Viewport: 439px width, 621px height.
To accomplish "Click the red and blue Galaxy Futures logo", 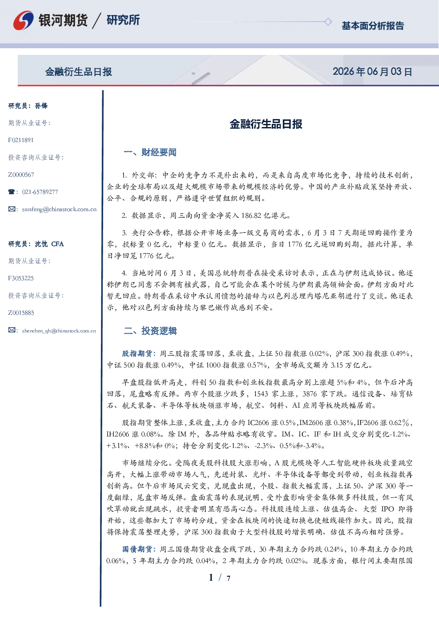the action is (23, 20).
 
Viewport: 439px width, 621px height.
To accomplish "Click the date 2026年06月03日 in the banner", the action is (372, 72).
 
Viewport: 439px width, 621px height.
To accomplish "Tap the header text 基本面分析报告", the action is (373, 26).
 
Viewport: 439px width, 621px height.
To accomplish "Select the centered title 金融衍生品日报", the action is (266, 124).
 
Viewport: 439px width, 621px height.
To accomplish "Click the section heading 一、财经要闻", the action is (150, 152).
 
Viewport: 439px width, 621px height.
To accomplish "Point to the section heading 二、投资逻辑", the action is (150, 331).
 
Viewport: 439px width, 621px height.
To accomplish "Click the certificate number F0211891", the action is (21, 140).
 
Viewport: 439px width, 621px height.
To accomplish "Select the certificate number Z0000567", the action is (21, 175).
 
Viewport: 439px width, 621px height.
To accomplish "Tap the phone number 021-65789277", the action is (40, 192).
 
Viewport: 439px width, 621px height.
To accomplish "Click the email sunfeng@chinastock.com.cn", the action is (59, 209).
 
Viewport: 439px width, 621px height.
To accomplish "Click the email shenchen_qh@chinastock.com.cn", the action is (59, 331).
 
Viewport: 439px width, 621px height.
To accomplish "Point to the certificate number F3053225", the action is (21, 278).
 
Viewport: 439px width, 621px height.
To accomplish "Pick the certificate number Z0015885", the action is (21, 313).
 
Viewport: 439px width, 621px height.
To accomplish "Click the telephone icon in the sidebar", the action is (12, 192).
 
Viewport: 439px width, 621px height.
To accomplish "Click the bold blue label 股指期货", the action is (137, 354).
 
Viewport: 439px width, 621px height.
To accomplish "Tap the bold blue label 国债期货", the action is (137, 549).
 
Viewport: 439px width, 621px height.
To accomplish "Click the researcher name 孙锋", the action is (41, 106).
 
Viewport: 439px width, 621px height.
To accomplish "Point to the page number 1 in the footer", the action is (211, 578).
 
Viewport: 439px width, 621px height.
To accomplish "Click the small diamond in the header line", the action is (328, 22).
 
